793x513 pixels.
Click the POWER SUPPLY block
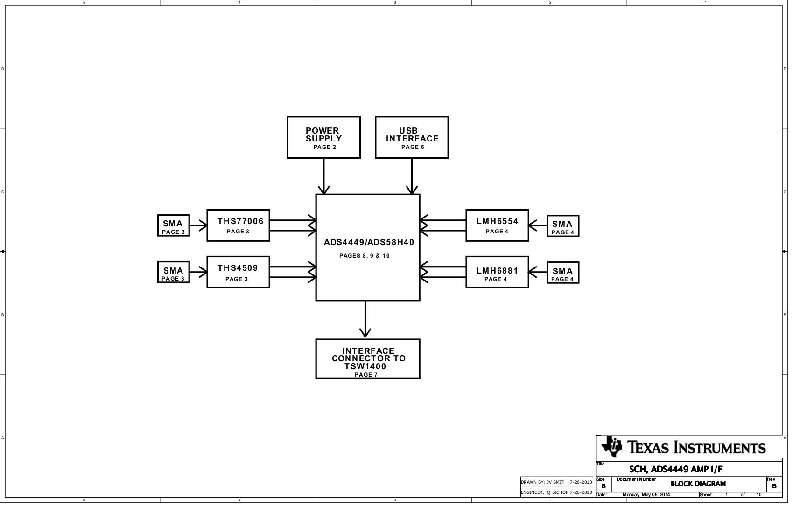tap(323, 137)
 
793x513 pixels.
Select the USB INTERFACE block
tap(412, 137)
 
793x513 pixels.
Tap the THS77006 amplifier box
tap(238, 225)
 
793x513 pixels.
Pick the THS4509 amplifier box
tap(238, 272)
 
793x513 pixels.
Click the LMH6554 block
tap(497, 225)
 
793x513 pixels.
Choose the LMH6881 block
tap(497, 272)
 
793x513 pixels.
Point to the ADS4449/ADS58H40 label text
tap(369, 243)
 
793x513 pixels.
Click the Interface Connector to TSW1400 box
tap(368, 359)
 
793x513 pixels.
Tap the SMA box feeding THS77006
tap(173, 226)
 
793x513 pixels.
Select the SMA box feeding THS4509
tap(173, 273)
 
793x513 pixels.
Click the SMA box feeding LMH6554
tap(563, 226)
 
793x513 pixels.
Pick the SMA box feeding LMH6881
tap(563, 273)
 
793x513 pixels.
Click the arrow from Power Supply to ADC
tap(323, 176)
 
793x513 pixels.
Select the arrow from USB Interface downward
tap(412, 176)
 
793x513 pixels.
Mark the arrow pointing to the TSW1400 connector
tap(365, 320)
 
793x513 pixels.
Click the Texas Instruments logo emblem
tap(611, 447)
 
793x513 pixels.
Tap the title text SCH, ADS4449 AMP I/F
tap(675, 469)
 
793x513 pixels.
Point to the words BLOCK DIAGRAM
tap(698, 484)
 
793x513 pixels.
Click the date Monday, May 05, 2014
tap(646, 495)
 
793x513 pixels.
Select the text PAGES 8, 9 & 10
tap(365, 256)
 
